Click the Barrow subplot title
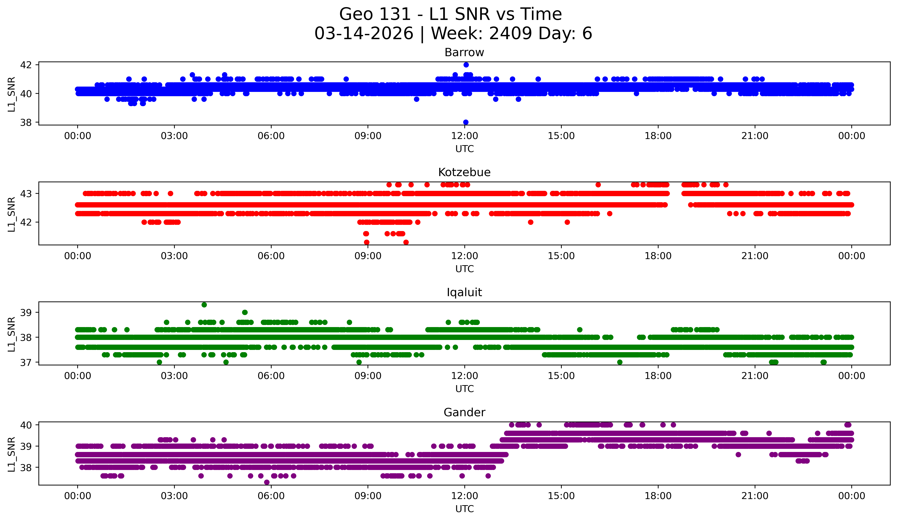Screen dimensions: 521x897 tap(464, 52)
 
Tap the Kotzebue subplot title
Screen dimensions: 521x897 tap(464, 172)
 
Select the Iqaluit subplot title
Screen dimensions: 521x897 tap(464, 292)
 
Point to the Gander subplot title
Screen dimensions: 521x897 tap(464, 412)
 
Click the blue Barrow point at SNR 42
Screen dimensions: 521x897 tap(466, 65)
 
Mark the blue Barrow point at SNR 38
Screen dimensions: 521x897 tap(466, 122)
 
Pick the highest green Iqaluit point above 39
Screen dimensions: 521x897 tap(204, 305)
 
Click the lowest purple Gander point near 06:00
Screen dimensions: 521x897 tap(267, 482)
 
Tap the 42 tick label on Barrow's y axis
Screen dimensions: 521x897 tap(26, 65)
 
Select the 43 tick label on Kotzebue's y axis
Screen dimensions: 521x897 tap(26, 194)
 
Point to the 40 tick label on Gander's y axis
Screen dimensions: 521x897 tap(26, 425)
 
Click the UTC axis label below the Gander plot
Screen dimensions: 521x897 tap(465, 509)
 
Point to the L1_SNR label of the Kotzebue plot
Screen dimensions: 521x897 tap(11, 214)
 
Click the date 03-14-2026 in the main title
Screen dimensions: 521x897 tap(364, 33)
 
